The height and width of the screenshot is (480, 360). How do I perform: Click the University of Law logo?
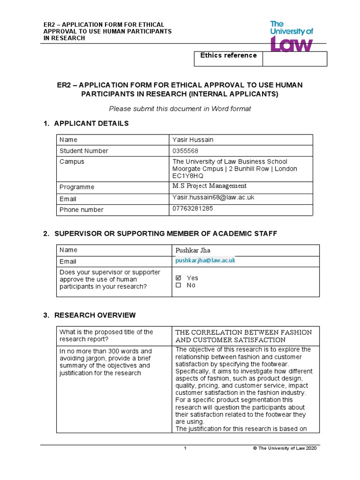pos(291,36)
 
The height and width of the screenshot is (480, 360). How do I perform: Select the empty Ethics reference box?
pos(294,59)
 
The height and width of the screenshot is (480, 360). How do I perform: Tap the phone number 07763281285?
pos(193,209)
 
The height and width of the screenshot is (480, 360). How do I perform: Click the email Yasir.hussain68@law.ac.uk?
pos(213,198)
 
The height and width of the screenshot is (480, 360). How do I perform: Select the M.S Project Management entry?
pos(209,186)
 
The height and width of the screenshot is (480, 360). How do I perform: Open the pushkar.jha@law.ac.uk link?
pos(205,260)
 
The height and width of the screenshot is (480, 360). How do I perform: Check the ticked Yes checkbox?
pos(178,278)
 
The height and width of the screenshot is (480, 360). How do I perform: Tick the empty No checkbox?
pos(178,285)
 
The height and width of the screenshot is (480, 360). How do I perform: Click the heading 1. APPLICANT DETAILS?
pos(86,123)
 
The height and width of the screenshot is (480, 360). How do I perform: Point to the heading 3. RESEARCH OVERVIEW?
pos(90,315)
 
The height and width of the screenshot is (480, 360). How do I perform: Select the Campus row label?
pos(72,162)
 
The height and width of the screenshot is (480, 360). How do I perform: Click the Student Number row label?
pos(84,151)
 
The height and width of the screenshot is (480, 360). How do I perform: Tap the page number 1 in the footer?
pos(185,449)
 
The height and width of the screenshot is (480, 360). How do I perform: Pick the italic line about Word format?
pos(180,109)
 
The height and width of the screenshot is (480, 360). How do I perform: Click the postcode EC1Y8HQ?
pos(188,176)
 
